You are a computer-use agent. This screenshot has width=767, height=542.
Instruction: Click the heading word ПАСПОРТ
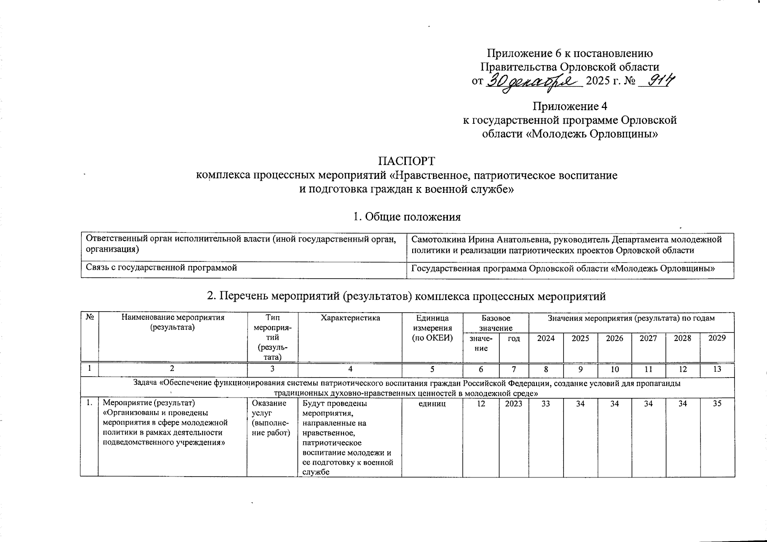406,161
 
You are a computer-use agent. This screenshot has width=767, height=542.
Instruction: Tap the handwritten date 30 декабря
533,82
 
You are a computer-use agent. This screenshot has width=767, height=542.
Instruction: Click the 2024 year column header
546,338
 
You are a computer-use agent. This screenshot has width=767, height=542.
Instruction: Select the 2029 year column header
717,338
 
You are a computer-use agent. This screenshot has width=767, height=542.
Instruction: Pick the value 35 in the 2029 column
717,404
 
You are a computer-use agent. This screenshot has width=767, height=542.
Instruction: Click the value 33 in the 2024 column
546,404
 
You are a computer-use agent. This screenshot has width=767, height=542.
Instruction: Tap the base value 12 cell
481,404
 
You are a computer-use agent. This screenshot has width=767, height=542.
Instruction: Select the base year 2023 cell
513,404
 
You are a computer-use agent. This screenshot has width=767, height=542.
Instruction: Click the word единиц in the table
432,404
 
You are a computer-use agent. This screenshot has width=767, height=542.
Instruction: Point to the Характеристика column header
350,318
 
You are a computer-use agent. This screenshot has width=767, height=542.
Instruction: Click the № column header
89,318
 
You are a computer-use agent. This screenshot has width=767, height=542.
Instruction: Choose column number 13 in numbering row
717,369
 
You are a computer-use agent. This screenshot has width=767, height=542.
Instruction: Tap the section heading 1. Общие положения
406,217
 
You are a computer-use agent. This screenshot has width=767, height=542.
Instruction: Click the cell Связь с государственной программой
162,268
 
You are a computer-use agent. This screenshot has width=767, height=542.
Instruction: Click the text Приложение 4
569,107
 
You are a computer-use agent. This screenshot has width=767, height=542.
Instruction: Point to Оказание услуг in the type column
269,408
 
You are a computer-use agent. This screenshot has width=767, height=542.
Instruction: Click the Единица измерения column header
432,328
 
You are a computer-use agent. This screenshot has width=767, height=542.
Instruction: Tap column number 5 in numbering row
432,369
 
